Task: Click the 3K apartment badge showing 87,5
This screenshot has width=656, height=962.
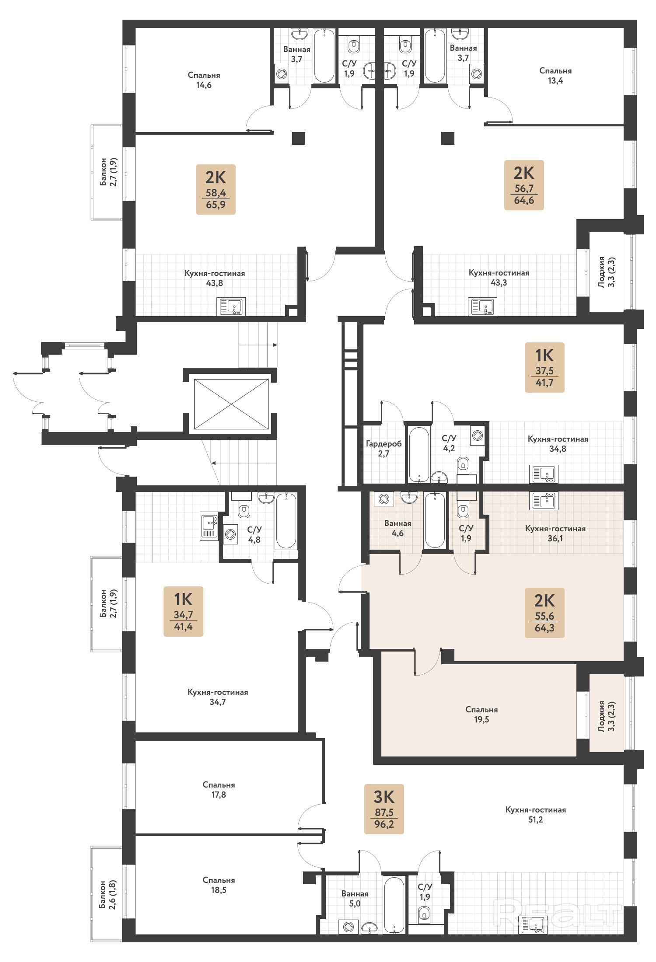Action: (x=384, y=809)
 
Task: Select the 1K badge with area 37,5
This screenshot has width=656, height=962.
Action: (x=544, y=367)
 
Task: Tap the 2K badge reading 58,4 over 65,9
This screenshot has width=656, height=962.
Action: (x=216, y=189)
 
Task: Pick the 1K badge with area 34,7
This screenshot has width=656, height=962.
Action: (x=183, y=611)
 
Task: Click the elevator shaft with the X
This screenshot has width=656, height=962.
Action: (x=231, y=404)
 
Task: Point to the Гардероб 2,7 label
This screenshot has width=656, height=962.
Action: (x=384, y=449)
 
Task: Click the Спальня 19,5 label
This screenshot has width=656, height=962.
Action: (x=482, y=715)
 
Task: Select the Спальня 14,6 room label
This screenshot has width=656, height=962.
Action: (x=204, y=80)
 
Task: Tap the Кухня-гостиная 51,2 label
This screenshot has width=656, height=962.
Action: (x=536, y=815)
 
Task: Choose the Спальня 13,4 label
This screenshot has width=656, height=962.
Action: (x=555, y=76)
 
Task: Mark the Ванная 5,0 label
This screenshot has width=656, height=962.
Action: (x=355, y=899)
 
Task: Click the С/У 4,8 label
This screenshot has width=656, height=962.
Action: (x=255, y=534)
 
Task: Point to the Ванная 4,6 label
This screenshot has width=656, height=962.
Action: (x=398, y=528)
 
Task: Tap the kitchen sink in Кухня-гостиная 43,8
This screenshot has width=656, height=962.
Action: (x=231, y=306)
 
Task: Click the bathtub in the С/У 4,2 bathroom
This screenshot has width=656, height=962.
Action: (x=419, y=454)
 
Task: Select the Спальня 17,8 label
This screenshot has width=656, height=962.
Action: (x=219, y=790)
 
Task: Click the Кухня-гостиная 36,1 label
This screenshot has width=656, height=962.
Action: (x=555, y=533)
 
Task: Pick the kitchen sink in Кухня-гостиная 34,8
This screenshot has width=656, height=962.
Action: (x=544, y=474)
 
